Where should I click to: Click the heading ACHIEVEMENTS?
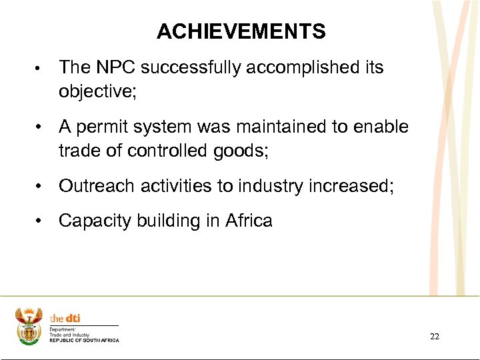(241, 31)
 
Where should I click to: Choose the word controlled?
(169, 151)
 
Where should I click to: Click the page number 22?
(434, 337)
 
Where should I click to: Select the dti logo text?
(65, 319)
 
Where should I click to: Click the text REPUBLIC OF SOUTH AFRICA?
(84, 340)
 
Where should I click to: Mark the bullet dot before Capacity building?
(41, 221)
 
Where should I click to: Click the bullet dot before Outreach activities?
(41, 186)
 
